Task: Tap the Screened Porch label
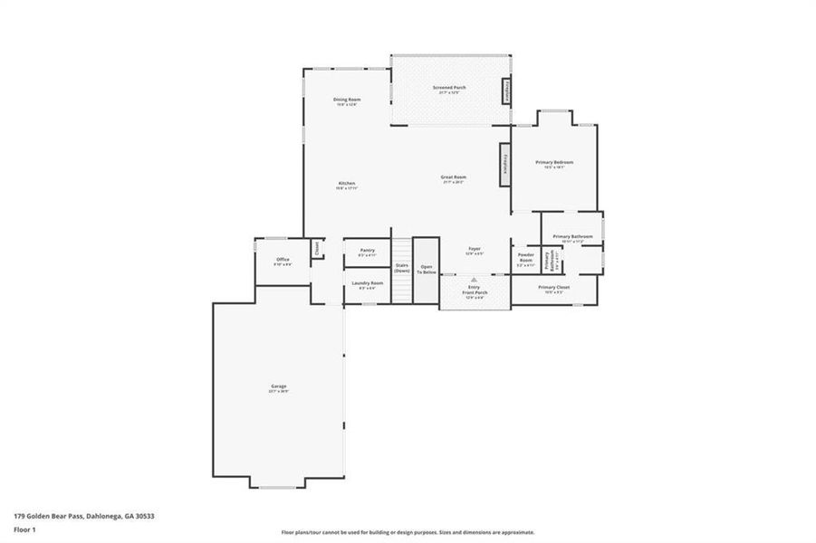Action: point(450,88)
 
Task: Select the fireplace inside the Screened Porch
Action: point(507,90)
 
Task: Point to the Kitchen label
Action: point(347,184)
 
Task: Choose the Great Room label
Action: point(453,177)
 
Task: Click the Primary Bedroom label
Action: point(554,163)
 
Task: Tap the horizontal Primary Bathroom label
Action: point(572,237)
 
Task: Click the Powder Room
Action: point(525,257)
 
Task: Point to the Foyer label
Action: point(474,249)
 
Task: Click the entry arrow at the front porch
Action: point(474,281)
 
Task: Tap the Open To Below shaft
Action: point(426,270)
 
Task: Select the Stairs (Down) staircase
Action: point(401,269)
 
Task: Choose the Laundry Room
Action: point(367,285)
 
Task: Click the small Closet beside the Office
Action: point(317,247)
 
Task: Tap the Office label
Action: point(283,261)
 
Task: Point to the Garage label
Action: point(278,387)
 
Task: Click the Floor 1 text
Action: point(24,529)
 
